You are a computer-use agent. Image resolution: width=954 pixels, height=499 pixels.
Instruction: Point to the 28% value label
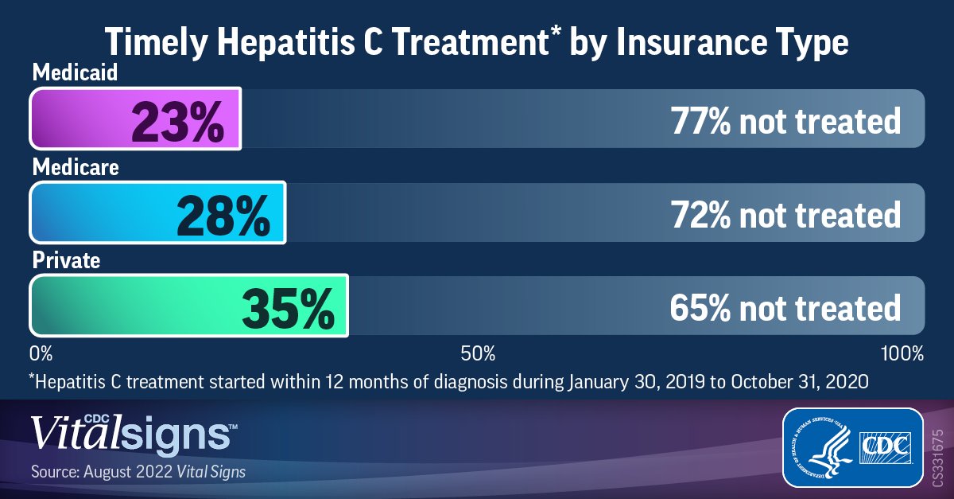(223, 213)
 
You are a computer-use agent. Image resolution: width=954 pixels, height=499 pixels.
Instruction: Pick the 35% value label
(287, 307)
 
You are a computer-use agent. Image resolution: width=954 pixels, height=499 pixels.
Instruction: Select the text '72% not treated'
(785, 214)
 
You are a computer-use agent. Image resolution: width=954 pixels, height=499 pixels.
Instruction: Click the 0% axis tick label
(40, 353)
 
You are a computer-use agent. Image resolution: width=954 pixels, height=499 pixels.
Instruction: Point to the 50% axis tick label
(479, 353)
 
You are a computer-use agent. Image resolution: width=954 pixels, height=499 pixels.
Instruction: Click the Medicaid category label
(75, 74)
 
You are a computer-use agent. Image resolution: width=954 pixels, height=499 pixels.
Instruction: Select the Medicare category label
(75, 168)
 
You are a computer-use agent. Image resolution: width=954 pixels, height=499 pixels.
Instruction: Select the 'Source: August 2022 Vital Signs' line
(138, 472)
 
